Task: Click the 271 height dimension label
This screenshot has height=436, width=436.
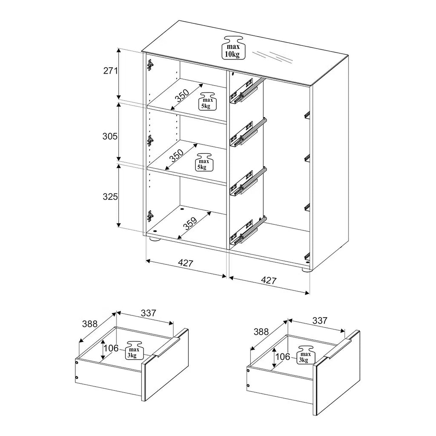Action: click(x=110, y=71)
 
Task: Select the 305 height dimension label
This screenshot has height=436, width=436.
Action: click(x=110, y=136)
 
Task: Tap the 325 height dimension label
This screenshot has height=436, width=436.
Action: click(x=110, y=197)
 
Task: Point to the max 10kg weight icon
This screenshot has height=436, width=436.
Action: click(x=232, y=48)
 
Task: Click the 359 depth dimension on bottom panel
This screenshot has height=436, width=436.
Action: click(x=190, y=223)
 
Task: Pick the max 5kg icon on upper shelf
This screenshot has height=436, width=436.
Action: click(x=209, y=101)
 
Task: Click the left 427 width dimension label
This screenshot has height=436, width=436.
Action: click(x=186, y=263)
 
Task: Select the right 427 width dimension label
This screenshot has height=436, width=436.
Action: click(x=269, y=280)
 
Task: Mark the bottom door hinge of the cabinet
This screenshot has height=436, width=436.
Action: click(x=150, y=216)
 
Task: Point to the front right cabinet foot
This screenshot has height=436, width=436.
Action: click(x=306, y=269)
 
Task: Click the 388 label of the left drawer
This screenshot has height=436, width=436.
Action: click(x=89, y=324)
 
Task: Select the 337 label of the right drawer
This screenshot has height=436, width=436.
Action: click(x=320, y=321)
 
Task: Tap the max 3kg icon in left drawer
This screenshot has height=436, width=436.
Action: click(x=134, y=350)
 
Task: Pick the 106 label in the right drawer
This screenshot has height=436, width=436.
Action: click(x=283, y=356)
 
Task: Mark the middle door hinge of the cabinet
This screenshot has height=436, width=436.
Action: click(x=150, y=141)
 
